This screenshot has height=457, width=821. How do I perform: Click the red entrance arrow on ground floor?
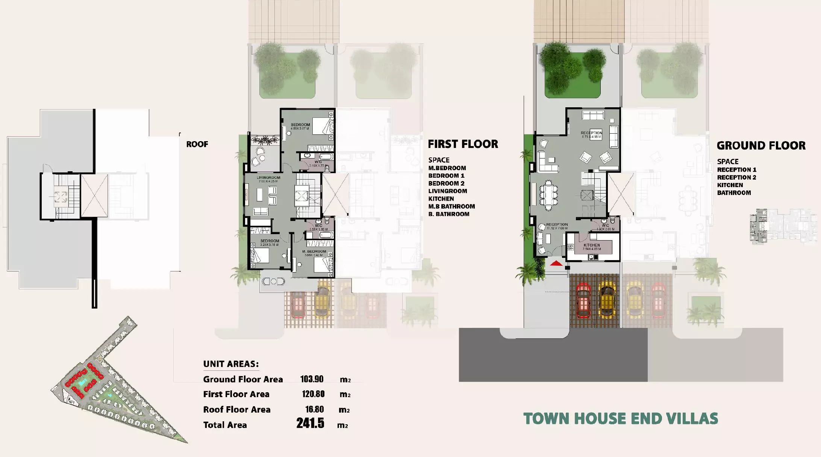pyautogui.click(x=556, y=264)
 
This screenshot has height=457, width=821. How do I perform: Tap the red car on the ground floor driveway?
pyautogui.click(x=583, y=300)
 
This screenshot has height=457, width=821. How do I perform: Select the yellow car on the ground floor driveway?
pyautogui.click(x=606, y=300)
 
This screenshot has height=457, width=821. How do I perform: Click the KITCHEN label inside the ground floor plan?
pyautogui.click(x=592, y=245)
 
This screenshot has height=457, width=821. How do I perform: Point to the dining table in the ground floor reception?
pyautogui.click(x=549, y=195)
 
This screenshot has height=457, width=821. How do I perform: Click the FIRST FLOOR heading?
pyautogui.click(x=463, y=144)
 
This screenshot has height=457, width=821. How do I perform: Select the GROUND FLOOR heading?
pyautogui.click(x=761, y=146)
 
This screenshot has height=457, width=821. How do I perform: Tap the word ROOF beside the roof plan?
pyautogui.click(x=197, y=144)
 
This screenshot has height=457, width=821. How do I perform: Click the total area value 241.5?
pyautogui.click(x=310, y=423)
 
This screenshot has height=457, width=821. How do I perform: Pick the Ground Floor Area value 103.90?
pyautogui.click(x=312, y=379)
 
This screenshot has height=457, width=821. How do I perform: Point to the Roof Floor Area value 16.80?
pyautogui.click(x=314, y=409)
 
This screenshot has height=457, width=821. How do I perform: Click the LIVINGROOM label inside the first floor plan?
pyautogui.click(x=268, y=178)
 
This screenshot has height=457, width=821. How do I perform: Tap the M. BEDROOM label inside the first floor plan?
pyautogui.click(x=314, y=251)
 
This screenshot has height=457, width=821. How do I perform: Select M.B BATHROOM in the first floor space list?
pyautogui.click(x=451, y=206)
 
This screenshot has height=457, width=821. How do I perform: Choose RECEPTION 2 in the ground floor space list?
pyautogui.click(x=736, y=177)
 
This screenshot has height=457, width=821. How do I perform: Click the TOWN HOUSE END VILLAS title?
pyautogui.click(x=621, y=419)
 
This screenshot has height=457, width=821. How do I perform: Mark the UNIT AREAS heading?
pyautogui.click(x=231, y=364)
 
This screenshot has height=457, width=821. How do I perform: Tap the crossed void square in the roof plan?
pyautogui.click(x=94, y=195)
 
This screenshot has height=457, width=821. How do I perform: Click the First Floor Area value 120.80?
pyautogui.click(x=313, y=394)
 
